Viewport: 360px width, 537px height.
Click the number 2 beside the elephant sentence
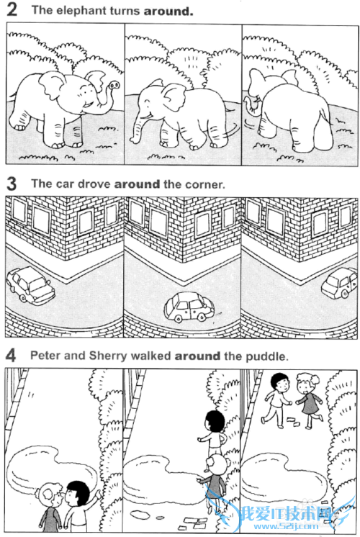tap(12, 9)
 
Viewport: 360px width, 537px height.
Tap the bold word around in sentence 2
tap(168, 11)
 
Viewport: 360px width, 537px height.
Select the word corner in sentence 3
tap(205, 184)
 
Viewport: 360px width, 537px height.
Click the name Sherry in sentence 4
tap(108, 356)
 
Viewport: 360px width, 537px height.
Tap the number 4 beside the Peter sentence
tap(11, 355)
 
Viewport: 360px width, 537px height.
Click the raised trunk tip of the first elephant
tap(114, 85)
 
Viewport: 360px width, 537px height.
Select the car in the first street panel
tap(31, 284)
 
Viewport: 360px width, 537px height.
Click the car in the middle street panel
tap(189, 307)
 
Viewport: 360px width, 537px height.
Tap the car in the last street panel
tap(340, 282)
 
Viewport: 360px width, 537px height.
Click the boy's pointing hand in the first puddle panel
tap(99, 493)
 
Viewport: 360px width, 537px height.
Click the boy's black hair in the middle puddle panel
tap(215, 420)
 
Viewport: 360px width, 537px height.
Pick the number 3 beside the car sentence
tap(12, 184)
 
